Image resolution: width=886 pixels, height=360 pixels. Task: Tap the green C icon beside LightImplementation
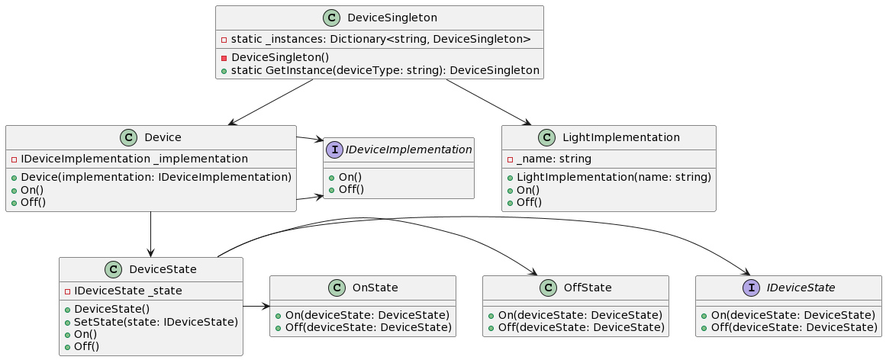click(x=548, y=137)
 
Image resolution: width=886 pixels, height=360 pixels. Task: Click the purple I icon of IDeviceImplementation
click(x=333, y=149)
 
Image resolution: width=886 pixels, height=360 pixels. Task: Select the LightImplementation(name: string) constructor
click(x=608, y=177)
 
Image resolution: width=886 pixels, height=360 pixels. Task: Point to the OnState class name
click(x=375, y=288)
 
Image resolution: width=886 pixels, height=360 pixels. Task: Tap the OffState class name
click(x=588, y=288)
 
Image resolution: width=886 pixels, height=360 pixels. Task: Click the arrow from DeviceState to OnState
click(x=256, y=306)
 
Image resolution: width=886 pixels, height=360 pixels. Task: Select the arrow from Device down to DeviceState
click(x=151, y=234)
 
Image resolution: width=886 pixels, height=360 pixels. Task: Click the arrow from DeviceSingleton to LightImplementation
click(x=488, y=102)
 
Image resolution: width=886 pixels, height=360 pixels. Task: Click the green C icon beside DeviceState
click(x=113, y=269)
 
